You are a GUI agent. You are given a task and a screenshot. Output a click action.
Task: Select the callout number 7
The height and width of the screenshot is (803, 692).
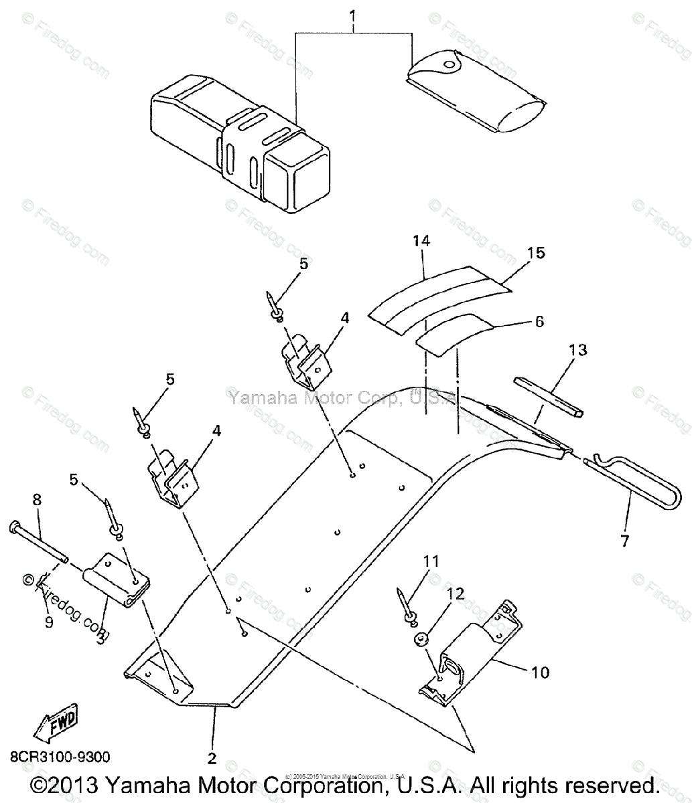[624, 541]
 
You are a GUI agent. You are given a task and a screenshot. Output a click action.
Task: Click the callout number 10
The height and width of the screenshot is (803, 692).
[540, 671]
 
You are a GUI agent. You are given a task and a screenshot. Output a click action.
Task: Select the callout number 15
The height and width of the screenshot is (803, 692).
[536, 253]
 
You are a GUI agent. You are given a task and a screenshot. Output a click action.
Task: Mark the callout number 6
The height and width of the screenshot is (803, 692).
[539, 322]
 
